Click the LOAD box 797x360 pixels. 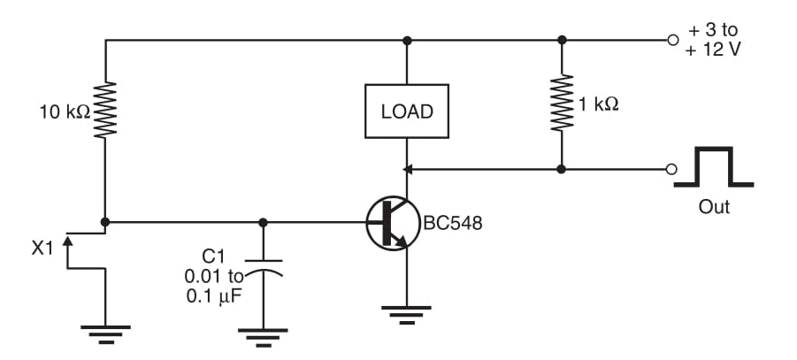pos(407,111)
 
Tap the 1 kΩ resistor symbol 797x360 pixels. pos(561,104)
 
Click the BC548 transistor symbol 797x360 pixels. pos(391,222)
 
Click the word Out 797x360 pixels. pos(714,208)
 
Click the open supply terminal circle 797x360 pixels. pos(673,40)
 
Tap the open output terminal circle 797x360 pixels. pos(673,168)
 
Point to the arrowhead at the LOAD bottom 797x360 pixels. pos(408,168)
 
